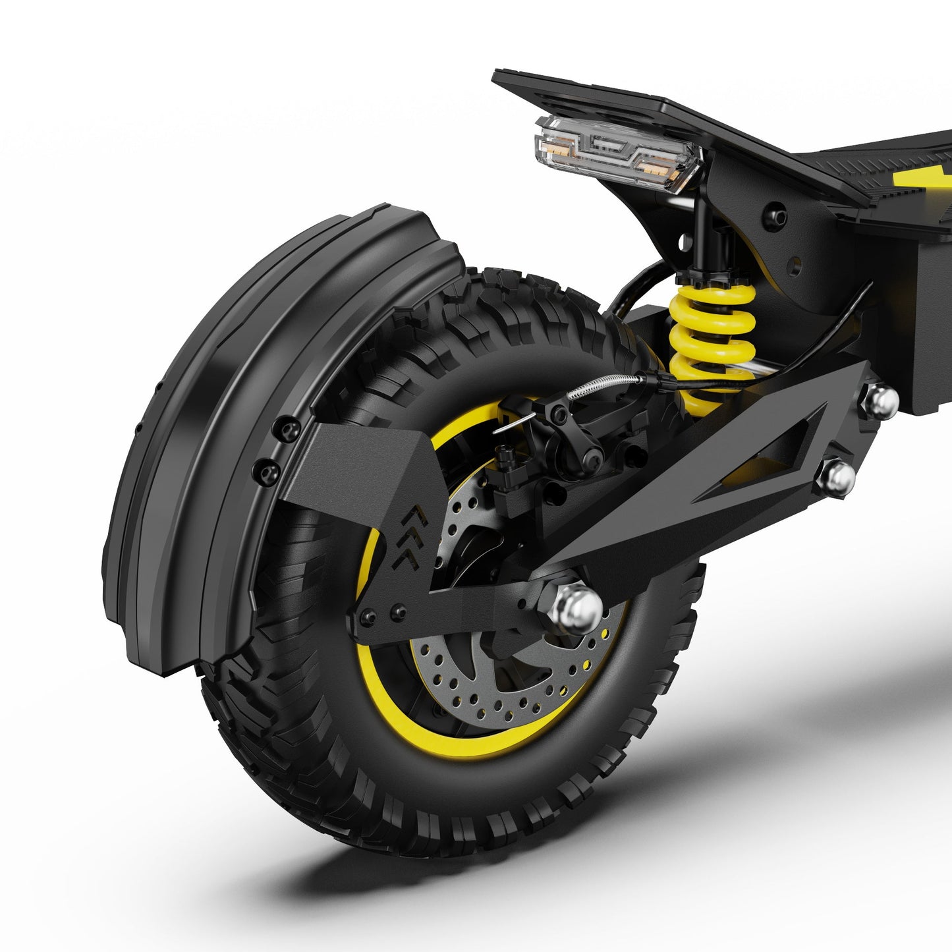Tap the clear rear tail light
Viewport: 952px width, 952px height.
coord(616,152)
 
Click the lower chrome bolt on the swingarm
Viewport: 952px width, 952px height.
coord(839,475)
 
